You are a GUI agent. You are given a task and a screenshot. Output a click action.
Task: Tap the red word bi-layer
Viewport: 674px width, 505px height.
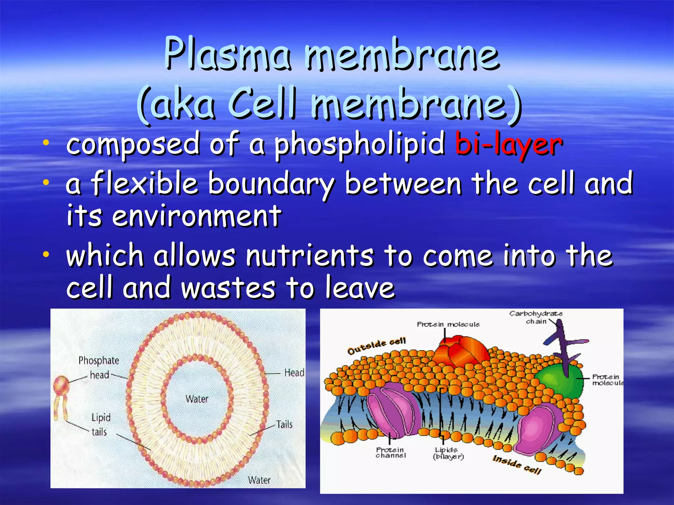point(508,145)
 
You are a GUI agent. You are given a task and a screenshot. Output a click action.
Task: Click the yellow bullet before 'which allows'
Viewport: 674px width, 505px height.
point(46,254)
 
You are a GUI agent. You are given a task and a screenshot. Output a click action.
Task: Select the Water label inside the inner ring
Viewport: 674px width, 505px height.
point(197,399)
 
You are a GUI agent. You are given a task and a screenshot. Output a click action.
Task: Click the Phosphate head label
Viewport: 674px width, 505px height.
point(98,368)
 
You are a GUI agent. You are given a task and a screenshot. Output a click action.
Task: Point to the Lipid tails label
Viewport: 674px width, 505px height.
point(100,424)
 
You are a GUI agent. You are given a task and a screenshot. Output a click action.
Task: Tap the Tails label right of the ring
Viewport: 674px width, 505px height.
point(284,424)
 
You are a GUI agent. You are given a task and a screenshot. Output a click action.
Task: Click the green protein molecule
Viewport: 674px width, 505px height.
point(559,381)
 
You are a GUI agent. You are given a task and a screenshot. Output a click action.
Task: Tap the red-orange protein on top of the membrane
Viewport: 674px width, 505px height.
point(461,352)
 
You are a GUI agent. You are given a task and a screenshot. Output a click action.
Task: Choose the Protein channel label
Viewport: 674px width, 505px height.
point(390,452)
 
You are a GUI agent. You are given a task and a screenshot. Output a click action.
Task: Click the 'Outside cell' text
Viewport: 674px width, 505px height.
point(377,346)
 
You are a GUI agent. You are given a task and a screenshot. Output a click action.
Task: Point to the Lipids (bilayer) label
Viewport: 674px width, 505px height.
point(448,453)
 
